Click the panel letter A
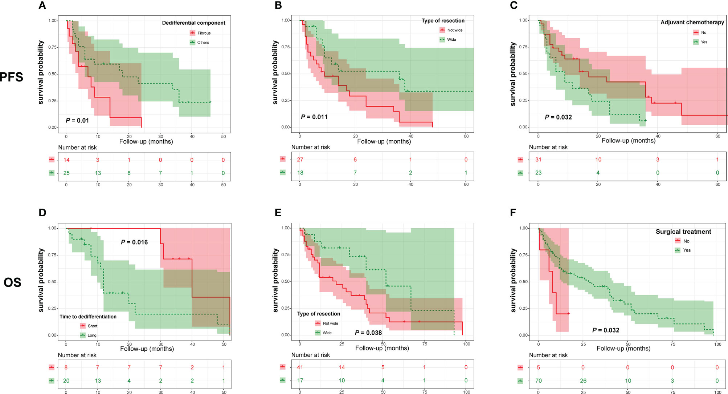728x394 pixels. (42, 5)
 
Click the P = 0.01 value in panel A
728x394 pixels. (77, 120)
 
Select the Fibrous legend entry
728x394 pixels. (204, 33)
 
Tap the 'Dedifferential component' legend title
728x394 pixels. (193, 23)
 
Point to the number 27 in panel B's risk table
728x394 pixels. (300, 160)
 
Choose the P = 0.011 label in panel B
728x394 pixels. (314, 117)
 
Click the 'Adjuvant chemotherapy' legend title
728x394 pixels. (692, 23)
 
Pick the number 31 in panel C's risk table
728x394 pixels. (538, 160)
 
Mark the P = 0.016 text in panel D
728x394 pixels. (134, 242)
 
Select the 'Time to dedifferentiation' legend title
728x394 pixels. (88, 317)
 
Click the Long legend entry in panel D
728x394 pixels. (91, 335)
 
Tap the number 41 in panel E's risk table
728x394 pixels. (300, 367)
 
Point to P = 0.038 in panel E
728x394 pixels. (368, 333)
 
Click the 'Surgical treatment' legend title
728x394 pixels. (683, 232)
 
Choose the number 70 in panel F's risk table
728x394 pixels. (539, 381)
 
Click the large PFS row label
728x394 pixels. (12, 77)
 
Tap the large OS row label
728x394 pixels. (12, 282)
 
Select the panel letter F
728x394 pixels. (513, 213)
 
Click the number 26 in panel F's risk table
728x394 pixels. (583, 381)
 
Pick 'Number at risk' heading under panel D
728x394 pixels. (77, 355)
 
